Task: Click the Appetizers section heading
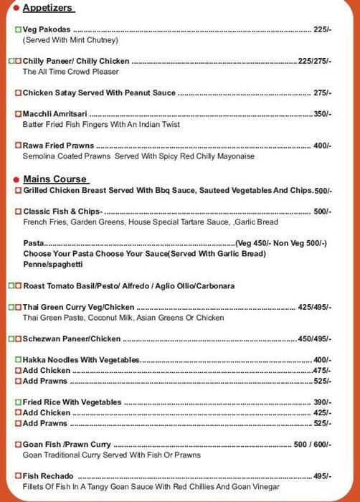[x=48, y=8]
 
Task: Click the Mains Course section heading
[x=55, y=179]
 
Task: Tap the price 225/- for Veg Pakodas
[x=322, y=29]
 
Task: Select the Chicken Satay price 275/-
[x=322, y=93]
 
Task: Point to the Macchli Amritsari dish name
[x=55, y=114]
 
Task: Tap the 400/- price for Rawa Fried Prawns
[x=322, y=146]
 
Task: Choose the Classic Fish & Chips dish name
[x=62, y=212]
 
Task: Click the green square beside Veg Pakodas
[x=18, y=29]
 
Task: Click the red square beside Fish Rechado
[x=18, y=476]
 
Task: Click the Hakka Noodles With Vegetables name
[x=81, y=360]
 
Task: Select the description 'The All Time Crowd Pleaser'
[x=70, y=72]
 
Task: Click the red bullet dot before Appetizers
[x=16, y=9]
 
